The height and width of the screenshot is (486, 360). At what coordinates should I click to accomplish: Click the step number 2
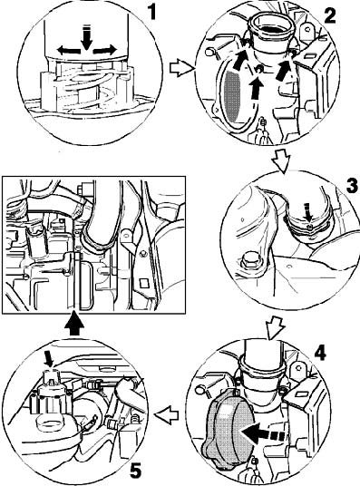(329, 15)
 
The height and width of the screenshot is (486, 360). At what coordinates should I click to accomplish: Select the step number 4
(320, 353)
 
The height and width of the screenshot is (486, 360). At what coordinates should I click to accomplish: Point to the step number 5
(135, 471)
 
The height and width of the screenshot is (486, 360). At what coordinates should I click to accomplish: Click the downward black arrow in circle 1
(86, 37)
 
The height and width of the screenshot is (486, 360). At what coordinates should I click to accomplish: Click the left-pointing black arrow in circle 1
(69, 50)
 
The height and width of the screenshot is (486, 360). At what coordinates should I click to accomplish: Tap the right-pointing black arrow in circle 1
(104, 50)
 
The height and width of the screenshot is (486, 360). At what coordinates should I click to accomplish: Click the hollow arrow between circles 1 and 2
(181, 68)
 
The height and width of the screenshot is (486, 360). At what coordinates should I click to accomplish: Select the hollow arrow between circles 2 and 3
(281, 160)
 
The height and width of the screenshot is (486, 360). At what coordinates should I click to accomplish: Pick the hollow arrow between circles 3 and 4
(276, 328)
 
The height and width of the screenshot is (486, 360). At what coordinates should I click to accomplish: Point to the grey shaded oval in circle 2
(232, 95)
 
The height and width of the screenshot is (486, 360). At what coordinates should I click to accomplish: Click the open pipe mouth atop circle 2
(270, 29)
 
